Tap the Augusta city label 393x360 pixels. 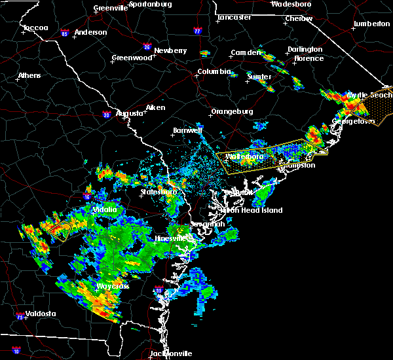[130, 113]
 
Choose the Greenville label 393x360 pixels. [110, 8]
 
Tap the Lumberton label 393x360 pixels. [371, 24]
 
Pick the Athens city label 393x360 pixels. [29, 75]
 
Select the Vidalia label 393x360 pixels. [105, 209]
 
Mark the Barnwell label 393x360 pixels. [187, 130]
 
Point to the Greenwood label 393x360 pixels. [132, 58]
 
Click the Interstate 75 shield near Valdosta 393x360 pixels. [18, 317]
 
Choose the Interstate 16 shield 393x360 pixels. [87, 196]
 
